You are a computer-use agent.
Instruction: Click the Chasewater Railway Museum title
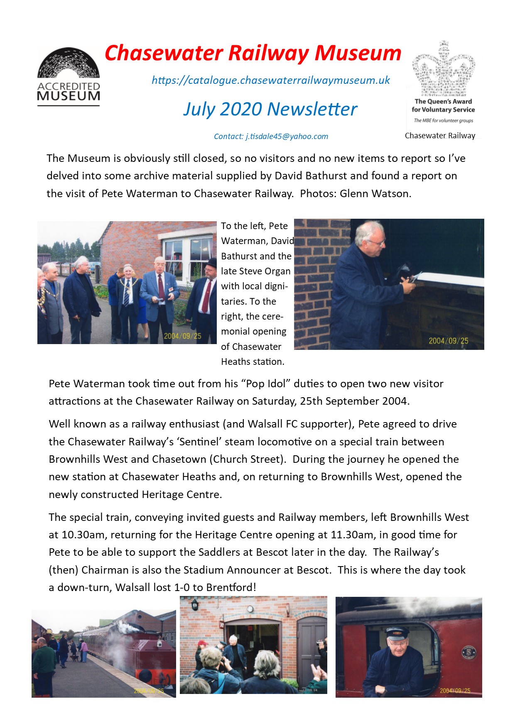click(253, 53)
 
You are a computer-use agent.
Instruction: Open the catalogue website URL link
click(271, 80)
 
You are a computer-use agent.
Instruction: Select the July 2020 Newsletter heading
click(270, 109)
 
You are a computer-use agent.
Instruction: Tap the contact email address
click(287, 137)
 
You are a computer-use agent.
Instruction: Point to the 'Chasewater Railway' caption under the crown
click(440, 136)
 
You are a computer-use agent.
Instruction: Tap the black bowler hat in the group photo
click(211, 263)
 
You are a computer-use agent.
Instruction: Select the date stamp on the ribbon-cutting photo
click(448, 341)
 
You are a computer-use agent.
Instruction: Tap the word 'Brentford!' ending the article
click(231, 588)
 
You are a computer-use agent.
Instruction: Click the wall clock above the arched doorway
click(250, 609)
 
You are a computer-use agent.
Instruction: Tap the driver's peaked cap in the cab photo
click(397, 634)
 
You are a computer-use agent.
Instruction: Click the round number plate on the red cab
click(468, 653)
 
